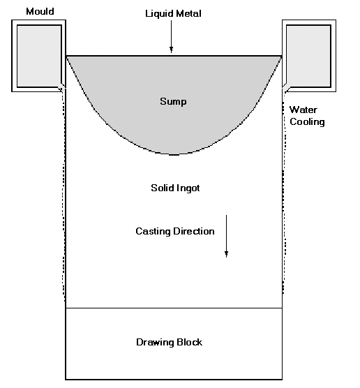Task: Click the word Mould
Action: click(40, 11)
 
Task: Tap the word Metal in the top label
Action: click(188, 13)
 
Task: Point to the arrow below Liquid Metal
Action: click(171, 36)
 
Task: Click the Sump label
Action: click(173, 102)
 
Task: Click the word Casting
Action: click(153, 232)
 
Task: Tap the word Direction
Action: click(194, 231)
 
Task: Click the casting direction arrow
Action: click(226, 237)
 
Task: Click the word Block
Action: click(190, 342)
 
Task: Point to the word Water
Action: click(303, 110)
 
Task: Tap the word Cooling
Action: click(307, 121)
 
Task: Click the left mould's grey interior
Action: click(39, 56)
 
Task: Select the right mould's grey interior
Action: click(308, 56)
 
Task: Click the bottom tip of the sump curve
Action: click(174, 155)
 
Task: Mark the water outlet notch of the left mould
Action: click(62, 88)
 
